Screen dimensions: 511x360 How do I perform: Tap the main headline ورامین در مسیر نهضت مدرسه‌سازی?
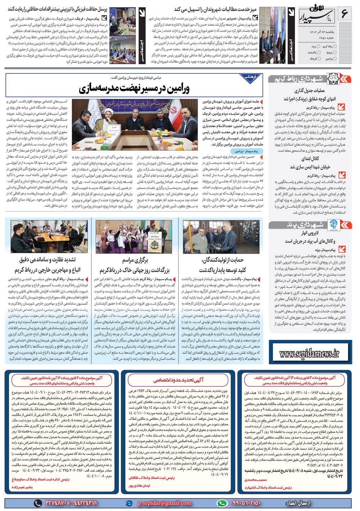pos(134,88)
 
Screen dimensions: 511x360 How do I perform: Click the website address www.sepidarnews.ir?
pos(309,354)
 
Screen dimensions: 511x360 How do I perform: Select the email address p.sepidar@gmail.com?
pos(164,503)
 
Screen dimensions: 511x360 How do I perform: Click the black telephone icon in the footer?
pos(38,503)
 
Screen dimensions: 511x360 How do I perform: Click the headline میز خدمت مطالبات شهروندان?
pos(215,9)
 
